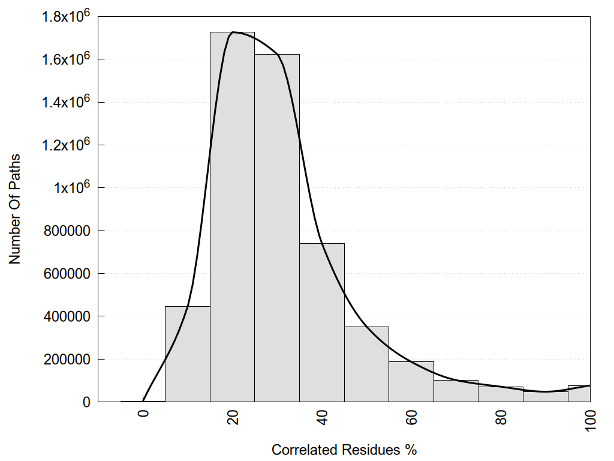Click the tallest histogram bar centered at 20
coord(232,217)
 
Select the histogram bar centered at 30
coord(277,228)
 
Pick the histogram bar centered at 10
coord(187,354)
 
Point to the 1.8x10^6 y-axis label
coord(65,17)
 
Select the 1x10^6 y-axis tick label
coord(71,188)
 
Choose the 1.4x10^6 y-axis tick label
coord(65,103)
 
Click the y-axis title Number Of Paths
coord(15,209)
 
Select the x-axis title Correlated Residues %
coord(344,450)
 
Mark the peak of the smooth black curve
coord(233,32)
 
